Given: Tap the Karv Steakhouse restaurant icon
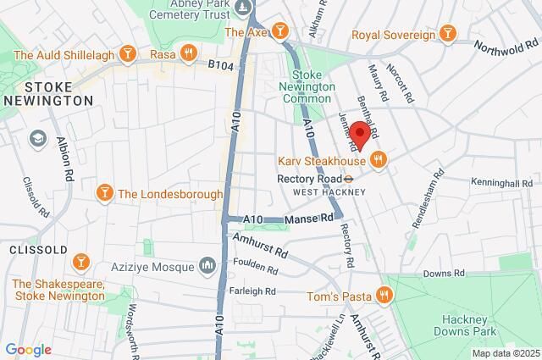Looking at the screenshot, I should [379, 159].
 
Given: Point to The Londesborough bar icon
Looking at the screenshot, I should [105, 193].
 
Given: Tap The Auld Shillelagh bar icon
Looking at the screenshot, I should [128, 55].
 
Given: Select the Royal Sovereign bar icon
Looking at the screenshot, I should [448, 34].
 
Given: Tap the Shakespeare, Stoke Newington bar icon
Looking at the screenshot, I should [81, 260].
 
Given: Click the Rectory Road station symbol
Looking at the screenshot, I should [348, 179].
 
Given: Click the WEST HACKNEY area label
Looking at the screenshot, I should [329, 192].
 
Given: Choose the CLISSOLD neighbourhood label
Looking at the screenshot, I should [34, 250].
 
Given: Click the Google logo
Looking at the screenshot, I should [27, 349].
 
